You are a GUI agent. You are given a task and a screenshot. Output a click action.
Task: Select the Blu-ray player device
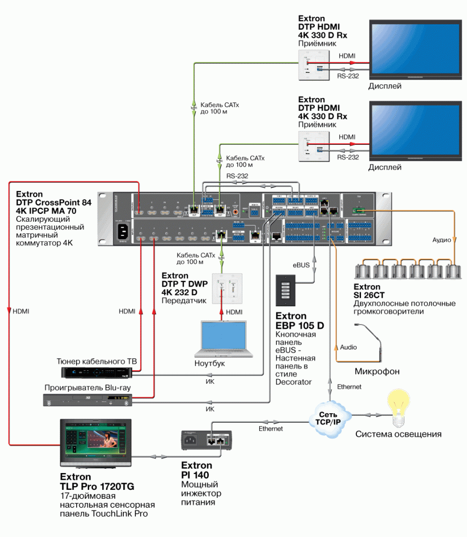click(x=87, y=400)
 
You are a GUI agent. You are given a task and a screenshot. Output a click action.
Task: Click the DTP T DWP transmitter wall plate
click(x=227, y=288)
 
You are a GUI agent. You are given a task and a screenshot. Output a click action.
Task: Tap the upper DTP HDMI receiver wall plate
click(x=314, y=65)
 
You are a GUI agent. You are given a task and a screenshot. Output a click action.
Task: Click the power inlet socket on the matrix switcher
click(x=125, y=231)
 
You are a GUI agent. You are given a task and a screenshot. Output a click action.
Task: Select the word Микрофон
click(x=377, y=371)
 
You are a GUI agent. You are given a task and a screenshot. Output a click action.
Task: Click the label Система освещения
click(x=398, y=434)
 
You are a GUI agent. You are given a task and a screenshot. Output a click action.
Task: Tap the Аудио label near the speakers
click(x=442, y=240)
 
